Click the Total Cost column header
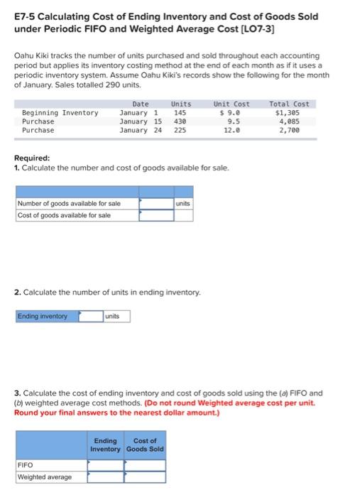pyautogui.click(x=289, y=104)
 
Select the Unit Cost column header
pyautogui.click(x=231, y=104)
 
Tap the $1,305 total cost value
pyautogui.click(x=288, y=113)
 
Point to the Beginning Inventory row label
pyautogui.click(x=60, y=113)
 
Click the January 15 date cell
pyautogui.click(x=140, y=121)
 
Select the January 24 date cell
pyautogui.click(x=140, y=130)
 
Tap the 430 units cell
pyautogui.click(x=180, y=121)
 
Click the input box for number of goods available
pyautogui.click(x=156, y=204)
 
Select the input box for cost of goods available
pyautogui.click(x=156, y=215)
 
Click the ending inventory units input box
pyautogui.click(x=90, y=316)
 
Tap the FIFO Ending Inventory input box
pyautogui.click(x=106, y=465)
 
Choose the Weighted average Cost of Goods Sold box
pyautogui.click(x=145, y=476)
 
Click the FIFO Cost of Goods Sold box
pyautogui.click(x=145, y=465)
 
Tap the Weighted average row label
pyautogui.click(x=44, y=476)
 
